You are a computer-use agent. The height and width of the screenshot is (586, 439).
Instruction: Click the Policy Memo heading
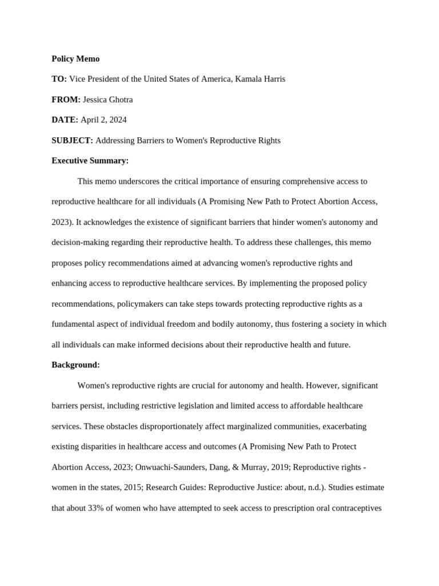[x=75, y=58]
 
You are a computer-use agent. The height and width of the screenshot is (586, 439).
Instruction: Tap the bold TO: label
[x=59, y=79]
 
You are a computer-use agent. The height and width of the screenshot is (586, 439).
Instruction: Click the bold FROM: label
[x=66, y=100]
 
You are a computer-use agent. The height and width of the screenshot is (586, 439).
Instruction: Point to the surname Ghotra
[x=119, y=100]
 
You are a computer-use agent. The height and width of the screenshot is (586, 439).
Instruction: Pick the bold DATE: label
[x=65, y=120]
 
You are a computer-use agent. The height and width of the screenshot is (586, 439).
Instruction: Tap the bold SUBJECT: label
[x=72, y=140]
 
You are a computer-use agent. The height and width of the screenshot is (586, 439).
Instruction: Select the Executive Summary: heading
[x=90, y=161]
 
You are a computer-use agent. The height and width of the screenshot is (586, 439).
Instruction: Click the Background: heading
[x=75, y=365]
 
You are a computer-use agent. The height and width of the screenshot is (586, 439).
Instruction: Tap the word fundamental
[x=74, y=324]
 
